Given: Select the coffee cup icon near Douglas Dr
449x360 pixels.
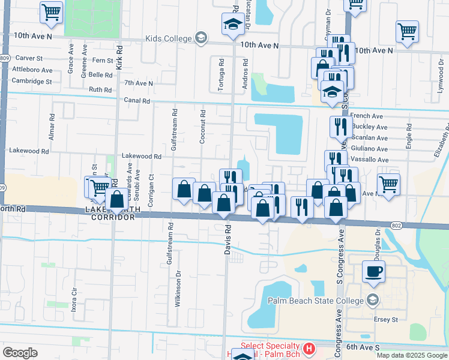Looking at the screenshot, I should point(374,271).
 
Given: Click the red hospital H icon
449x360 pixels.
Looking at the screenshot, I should point(309,348).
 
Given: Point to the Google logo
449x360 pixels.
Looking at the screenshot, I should point(20,353).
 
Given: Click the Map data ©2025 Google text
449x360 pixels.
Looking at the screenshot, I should point(412,355).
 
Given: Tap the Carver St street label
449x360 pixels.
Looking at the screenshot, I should point(29,59).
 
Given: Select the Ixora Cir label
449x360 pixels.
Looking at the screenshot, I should point(75,299).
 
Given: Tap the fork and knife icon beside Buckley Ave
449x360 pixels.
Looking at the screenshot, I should point(340,127).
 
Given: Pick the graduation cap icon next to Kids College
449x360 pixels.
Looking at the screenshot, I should point(232,25).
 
